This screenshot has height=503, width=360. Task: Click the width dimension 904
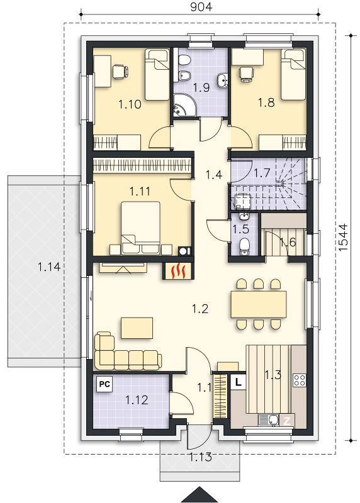[201, 7]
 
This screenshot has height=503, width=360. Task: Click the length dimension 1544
[343, 238]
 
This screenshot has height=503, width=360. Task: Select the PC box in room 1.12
[104, 384]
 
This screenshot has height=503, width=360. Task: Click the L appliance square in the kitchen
[239, 382]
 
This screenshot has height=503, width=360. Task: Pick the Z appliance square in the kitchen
[287, 421]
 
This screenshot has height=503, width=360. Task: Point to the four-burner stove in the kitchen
[300, 380]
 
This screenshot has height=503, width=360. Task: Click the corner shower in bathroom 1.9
[183, 105]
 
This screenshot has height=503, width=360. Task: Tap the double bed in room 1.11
[140, 228]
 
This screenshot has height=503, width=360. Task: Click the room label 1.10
[130, 104]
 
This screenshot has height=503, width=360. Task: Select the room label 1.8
[266, 102]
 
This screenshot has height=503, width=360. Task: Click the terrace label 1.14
[49, 267]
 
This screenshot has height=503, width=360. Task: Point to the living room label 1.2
[200, 309]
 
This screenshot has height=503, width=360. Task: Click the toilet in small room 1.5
[245, 246]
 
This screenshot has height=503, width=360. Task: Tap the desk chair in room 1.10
[120, 71]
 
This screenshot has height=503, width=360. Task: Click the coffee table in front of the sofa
[137, 328]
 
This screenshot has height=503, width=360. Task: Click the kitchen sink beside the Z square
[269, 420]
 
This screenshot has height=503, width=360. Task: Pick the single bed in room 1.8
[293, 74]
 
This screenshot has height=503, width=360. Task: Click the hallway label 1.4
[214, 175]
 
